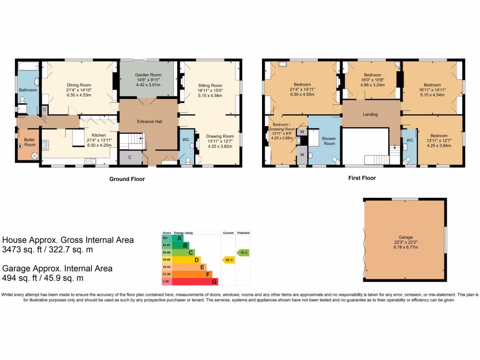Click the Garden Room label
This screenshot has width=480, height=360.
148,75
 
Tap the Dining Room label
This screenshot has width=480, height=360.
79,85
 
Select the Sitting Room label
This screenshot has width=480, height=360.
210,85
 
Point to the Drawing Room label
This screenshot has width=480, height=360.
220,136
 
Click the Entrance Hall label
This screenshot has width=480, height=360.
149,121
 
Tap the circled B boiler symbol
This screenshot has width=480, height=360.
20,146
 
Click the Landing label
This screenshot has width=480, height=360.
370,114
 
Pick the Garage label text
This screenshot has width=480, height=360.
405,238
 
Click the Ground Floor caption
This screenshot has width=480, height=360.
127,179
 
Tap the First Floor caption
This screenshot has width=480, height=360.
362,178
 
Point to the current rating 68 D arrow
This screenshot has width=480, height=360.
228,260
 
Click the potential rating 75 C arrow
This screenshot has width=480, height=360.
243,253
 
